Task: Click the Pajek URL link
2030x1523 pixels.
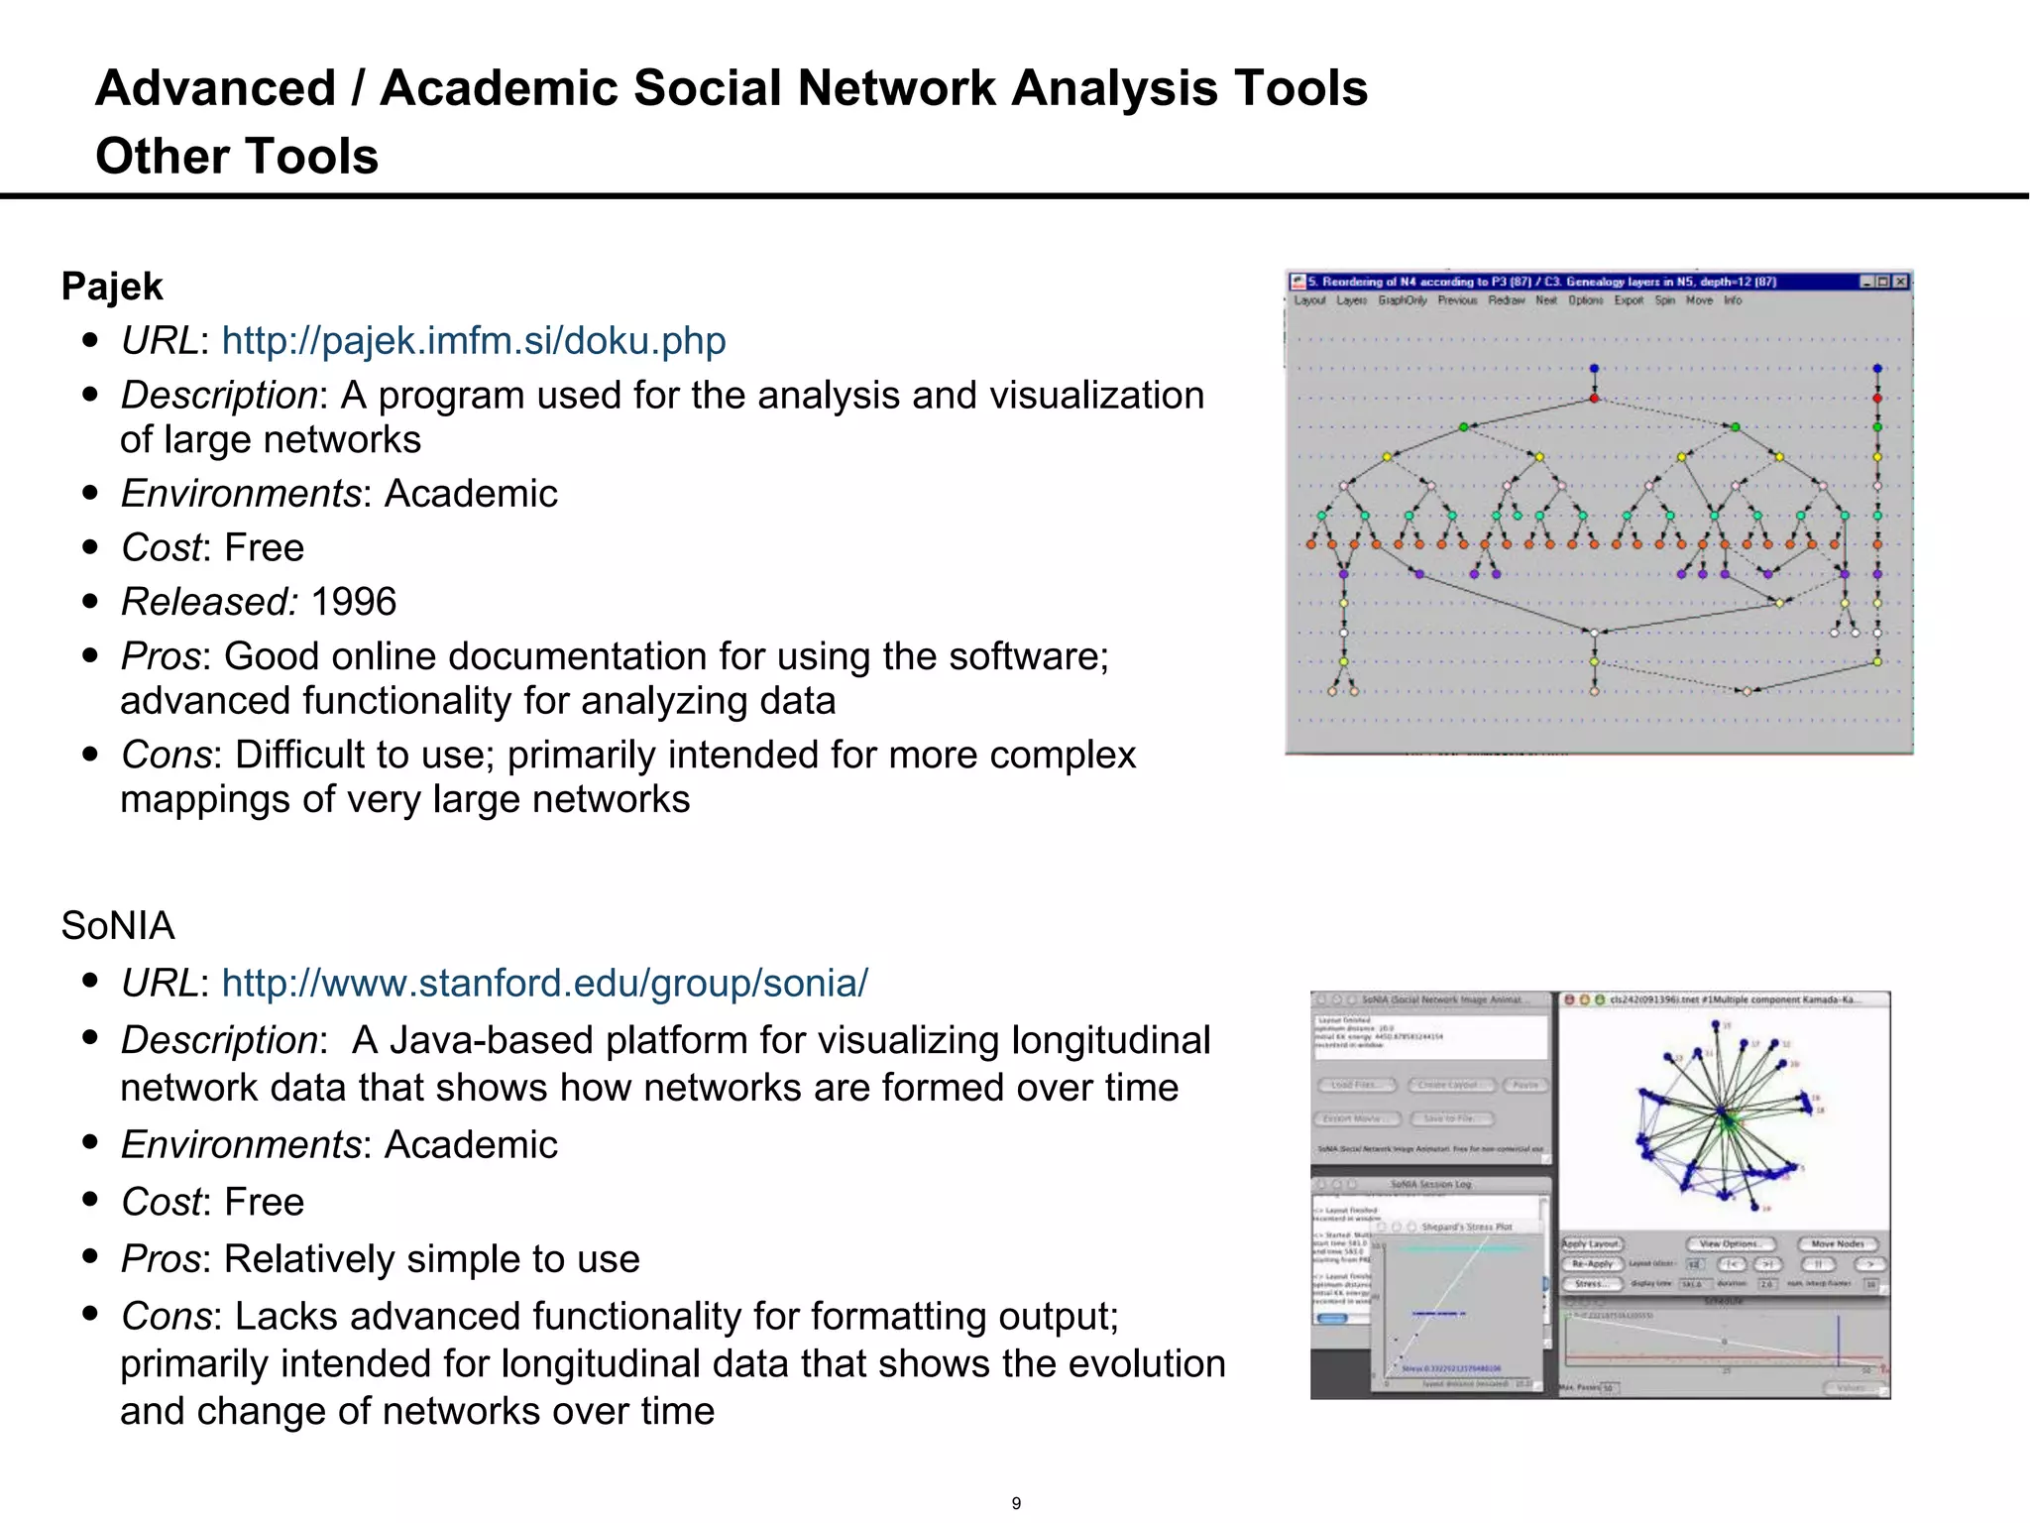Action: click(x=473, y=341)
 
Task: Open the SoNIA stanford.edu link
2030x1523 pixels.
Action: click(x=544, y=984)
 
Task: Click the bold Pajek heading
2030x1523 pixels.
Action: click(x=112, y=287)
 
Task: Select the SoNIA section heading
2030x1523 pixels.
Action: click(x=117, y=926)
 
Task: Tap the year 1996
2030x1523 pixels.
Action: click(x=353, y=602)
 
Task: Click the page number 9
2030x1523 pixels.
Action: click(x=1016, y=1503)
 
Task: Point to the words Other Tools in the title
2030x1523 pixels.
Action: click(x=237, y=157)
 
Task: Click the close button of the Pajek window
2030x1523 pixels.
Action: click(x=1900, y=282)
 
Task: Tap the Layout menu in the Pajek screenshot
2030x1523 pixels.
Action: click(x=1309, y=300)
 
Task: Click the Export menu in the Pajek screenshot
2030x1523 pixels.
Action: click(x=1629, y=300)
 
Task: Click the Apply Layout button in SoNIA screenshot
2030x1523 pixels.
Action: click(x=1591, y=1243)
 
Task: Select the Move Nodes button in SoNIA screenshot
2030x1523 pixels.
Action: click(x=1838, y=1243)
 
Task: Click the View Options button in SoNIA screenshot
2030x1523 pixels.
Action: click(x=1730, y=1243)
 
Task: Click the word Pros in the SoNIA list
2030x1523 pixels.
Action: click(x=160, y=1259)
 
